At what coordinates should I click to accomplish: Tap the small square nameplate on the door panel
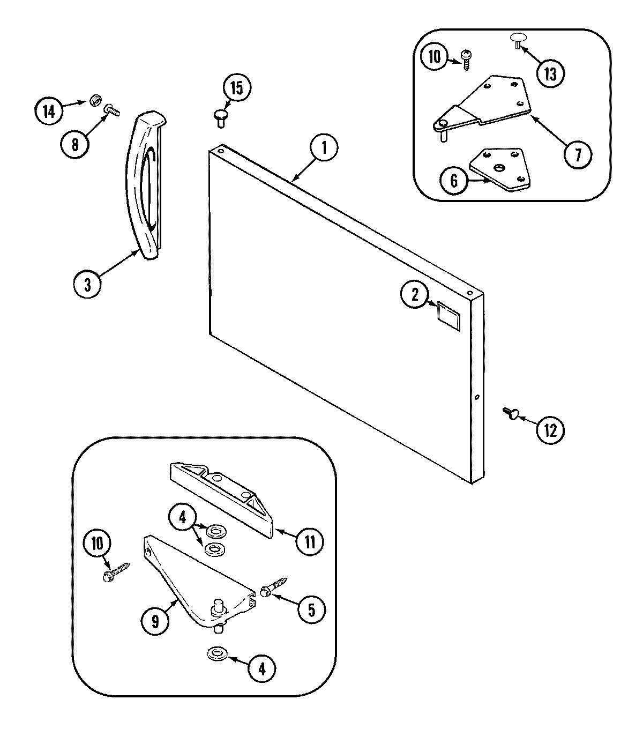click(448, 313)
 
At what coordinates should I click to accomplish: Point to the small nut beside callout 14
click(96, 100)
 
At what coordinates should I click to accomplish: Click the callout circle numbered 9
click(155, 621)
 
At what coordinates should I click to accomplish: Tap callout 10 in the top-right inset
click(434, 57)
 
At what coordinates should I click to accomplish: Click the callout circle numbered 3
click(88, 284)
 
